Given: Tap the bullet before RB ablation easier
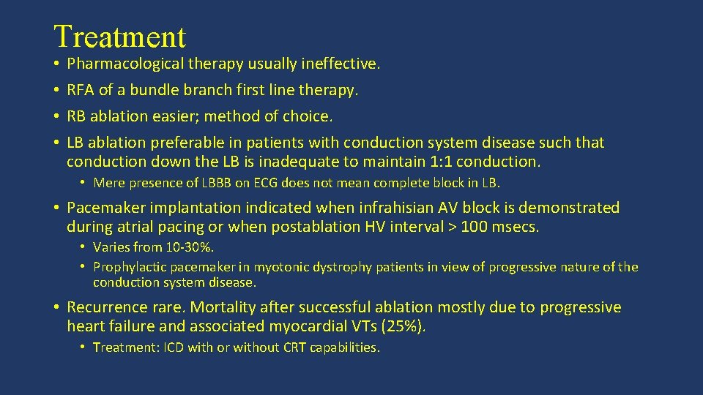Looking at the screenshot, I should click(x=56, y=116).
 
